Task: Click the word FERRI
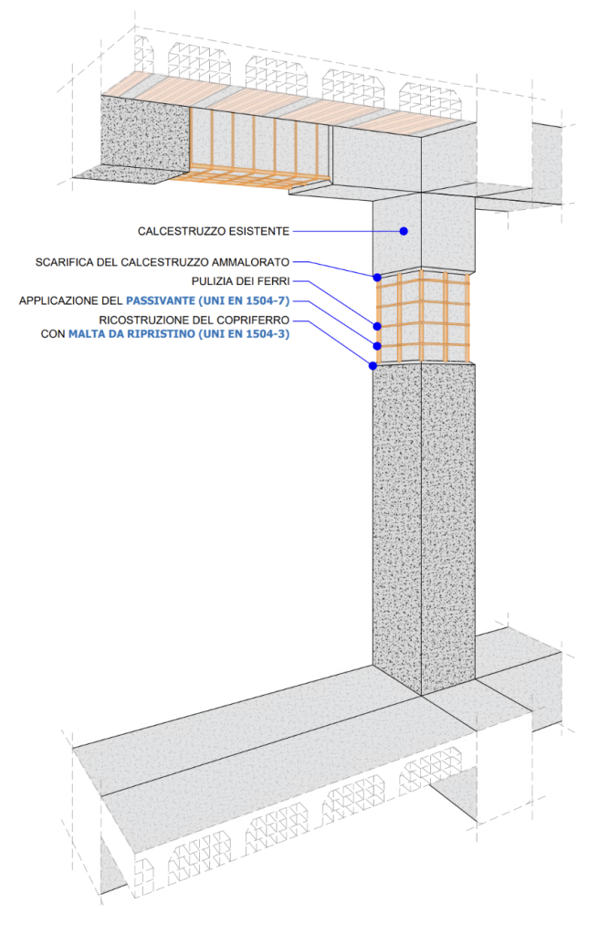coord(271,281)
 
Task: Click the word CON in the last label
coord(52,334)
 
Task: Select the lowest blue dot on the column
coord(373,365)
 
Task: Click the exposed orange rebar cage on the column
coord(424,315)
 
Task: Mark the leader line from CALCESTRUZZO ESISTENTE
coord(347,231)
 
